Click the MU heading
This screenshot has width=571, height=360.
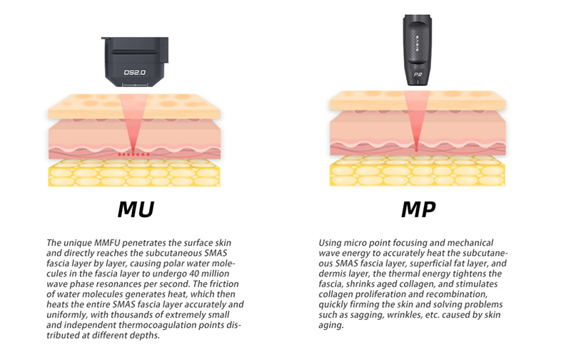136,209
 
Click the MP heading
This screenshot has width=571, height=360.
418,209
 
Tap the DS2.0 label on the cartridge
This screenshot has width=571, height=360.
135,72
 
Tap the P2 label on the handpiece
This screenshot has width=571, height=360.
418,75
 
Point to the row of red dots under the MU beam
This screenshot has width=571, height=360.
133,154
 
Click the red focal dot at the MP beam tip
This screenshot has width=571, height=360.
417,150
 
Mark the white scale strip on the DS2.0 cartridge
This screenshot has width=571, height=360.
135,85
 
